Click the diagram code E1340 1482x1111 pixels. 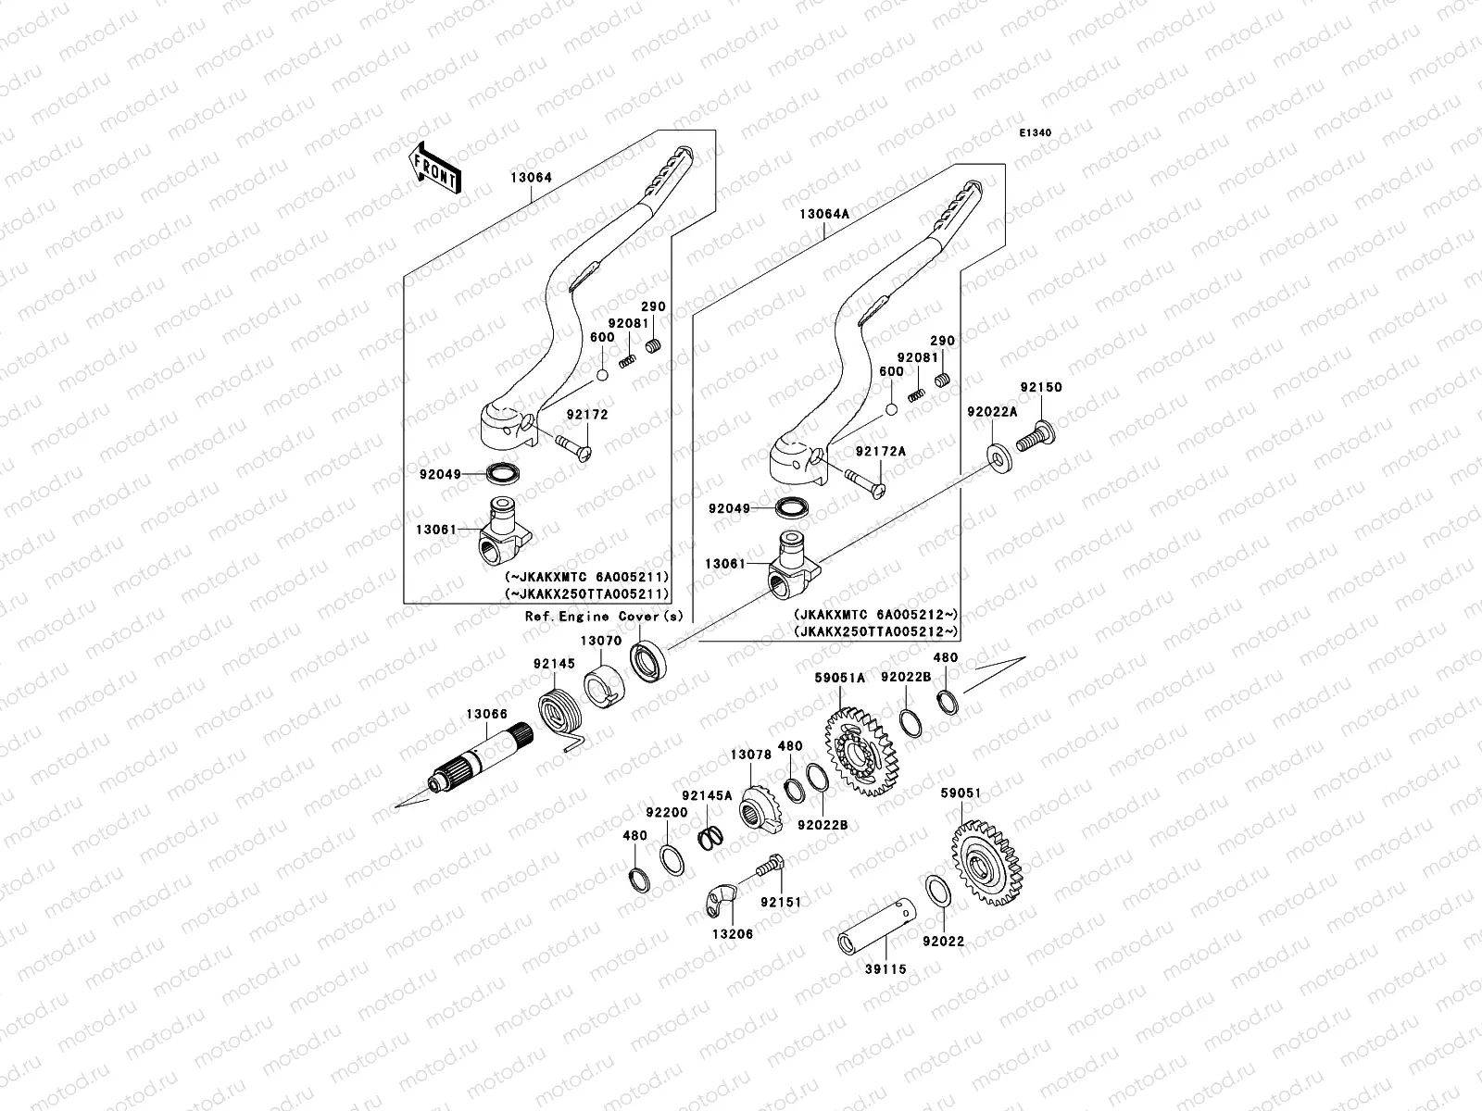tap(1036, 133)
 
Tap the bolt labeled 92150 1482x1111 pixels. tap(1036, 436)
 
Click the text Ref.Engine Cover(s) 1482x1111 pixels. tap(604, 617)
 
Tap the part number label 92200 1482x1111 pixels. tap(667, 812)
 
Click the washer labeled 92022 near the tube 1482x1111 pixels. tap(937, 890)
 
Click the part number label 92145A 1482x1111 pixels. tap(707, 795)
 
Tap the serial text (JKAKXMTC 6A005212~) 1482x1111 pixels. tap(874, 614)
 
